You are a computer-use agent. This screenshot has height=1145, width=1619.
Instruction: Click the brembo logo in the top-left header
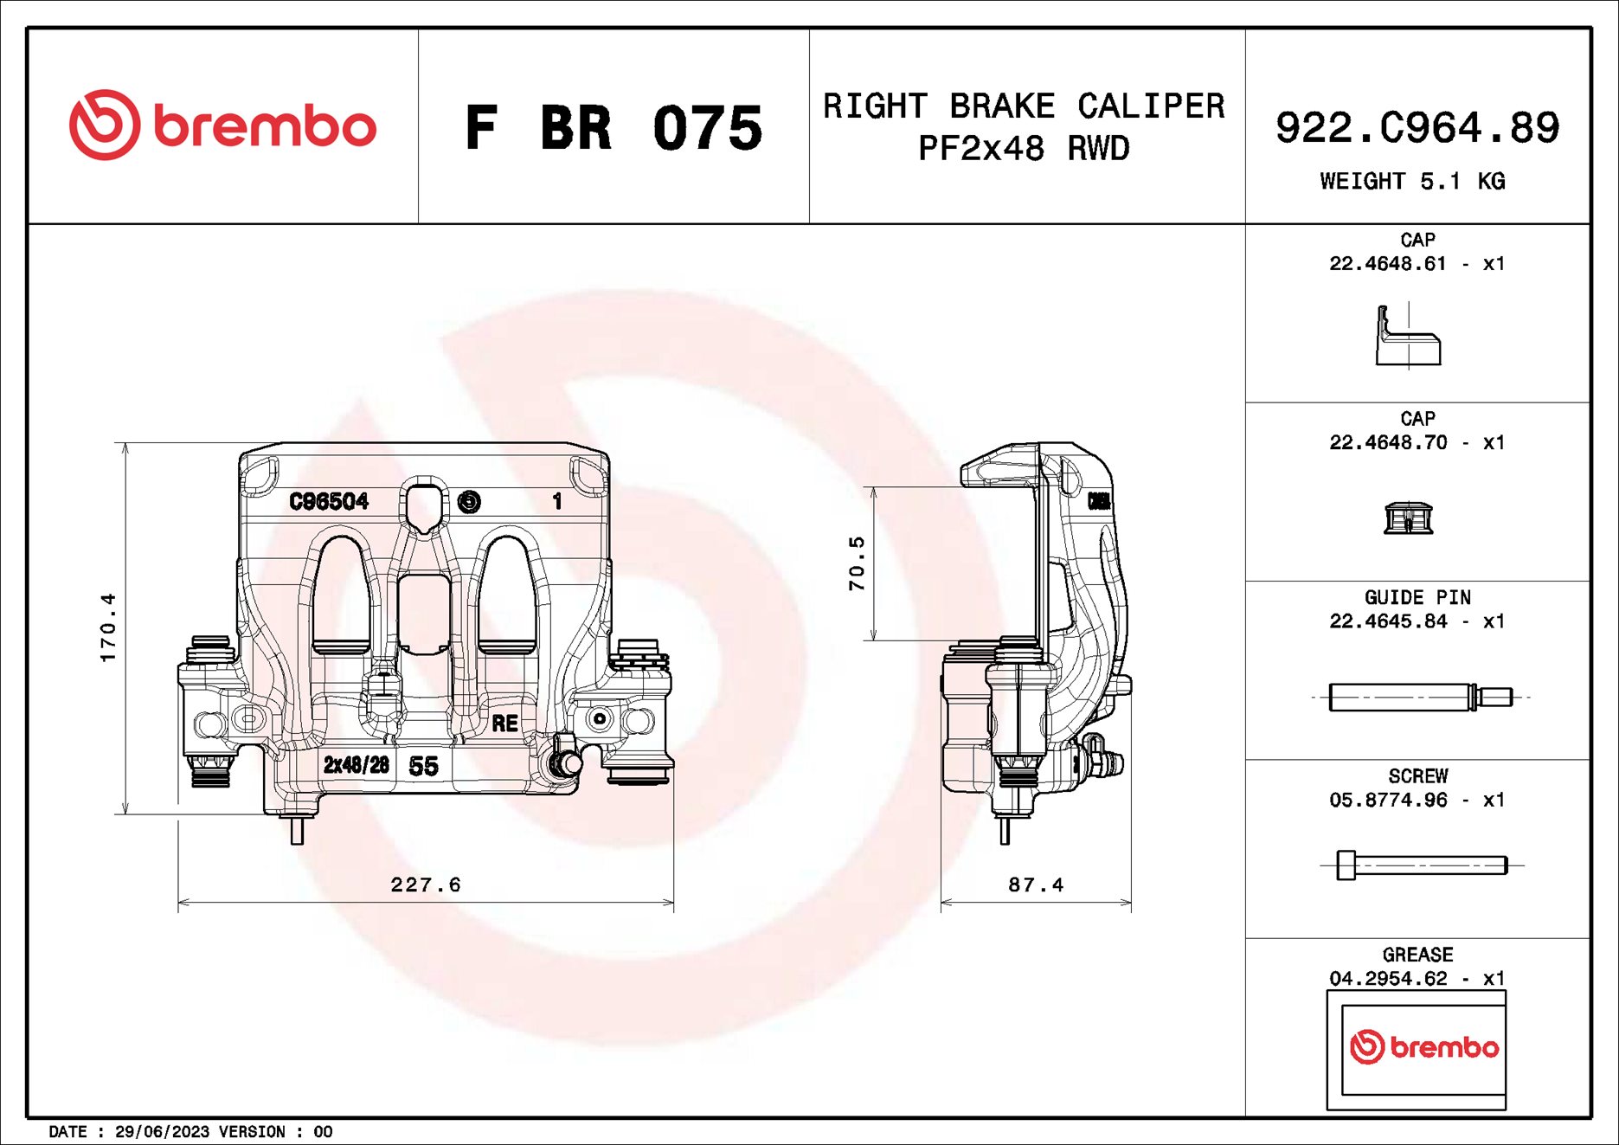222,126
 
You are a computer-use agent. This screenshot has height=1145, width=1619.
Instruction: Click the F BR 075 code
613,128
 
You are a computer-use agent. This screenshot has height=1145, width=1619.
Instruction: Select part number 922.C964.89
1417,128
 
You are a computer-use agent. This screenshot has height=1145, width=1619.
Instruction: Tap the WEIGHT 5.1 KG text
1412,182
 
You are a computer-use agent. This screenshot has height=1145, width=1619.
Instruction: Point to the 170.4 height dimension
108,627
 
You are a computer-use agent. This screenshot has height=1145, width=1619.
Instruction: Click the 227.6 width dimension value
426,884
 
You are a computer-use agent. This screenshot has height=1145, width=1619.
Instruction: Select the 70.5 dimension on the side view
857,563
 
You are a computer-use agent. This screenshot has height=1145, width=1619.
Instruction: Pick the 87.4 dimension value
1036,884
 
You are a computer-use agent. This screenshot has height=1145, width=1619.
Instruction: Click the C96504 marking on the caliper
329,501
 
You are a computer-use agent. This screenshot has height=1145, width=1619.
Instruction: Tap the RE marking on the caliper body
504,724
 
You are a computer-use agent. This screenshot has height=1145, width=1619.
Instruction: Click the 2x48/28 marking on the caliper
356,765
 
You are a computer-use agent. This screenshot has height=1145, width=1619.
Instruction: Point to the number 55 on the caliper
423,766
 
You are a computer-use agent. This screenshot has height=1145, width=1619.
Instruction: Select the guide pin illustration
1419,697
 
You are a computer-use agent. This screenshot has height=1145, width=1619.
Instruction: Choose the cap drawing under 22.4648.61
1408,338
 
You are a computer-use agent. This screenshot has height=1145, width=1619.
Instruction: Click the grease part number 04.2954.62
1388,978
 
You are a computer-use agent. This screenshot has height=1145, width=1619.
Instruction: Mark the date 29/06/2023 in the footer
162,1132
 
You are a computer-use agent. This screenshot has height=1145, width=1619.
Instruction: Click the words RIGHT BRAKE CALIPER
1024,106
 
